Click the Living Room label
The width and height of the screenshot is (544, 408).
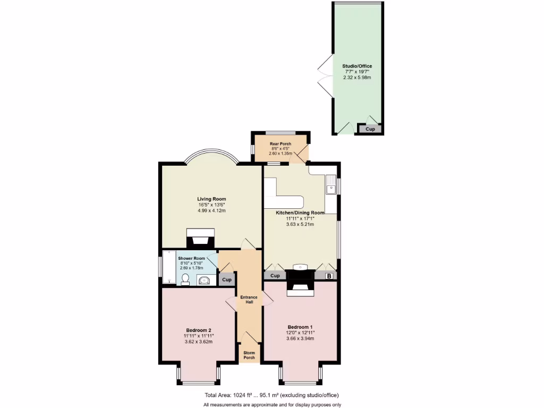[x=211, y=199]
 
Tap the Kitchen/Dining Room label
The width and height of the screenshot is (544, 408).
[x=300, y=212]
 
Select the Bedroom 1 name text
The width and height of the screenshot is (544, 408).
[x=300, y=327]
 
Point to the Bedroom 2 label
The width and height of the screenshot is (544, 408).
[x=198, y=330]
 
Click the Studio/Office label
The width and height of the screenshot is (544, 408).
[x=357, y=66]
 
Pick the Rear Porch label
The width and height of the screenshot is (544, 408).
[x=280, y=144]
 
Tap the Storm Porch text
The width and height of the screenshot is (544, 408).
[x=249, y=355]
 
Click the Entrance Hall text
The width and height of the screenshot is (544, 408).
[x=249, y=300]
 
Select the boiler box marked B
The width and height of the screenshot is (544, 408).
[x=328, y=276]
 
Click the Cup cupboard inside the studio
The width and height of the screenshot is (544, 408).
[x=370, y=129]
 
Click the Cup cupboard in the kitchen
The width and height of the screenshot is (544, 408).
[x=275, y=276]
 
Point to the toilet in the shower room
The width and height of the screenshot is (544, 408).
[x=185, y=279]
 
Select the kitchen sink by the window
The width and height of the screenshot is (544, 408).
[x=331, y=184]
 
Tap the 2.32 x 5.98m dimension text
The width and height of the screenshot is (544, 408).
[x=357, y=78]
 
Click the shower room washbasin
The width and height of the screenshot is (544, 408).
[x=205, y=279]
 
